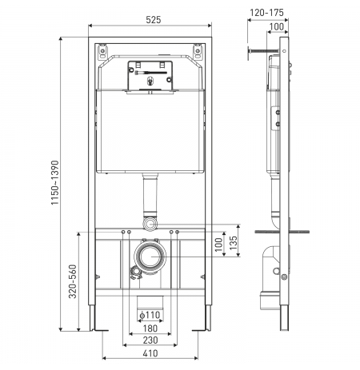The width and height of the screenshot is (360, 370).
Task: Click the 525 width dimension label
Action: [x=154, y=20]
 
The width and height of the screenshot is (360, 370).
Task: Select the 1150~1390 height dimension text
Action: [x=55, y=182]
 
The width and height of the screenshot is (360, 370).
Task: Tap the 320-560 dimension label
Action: [x=73, y=281]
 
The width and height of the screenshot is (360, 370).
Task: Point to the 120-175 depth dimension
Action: [x=266, y=13]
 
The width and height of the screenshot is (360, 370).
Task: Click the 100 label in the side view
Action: [x=277, y=26]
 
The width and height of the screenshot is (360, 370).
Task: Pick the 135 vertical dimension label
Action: [x=233, y=243]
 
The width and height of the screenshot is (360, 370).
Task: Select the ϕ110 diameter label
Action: [x=150, y=315]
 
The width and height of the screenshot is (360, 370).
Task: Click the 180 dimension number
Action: [x=150, y=328]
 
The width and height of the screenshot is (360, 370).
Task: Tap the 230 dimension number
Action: [x=150, y=340]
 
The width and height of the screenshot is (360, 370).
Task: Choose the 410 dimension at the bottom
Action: [x=150, y=353]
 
